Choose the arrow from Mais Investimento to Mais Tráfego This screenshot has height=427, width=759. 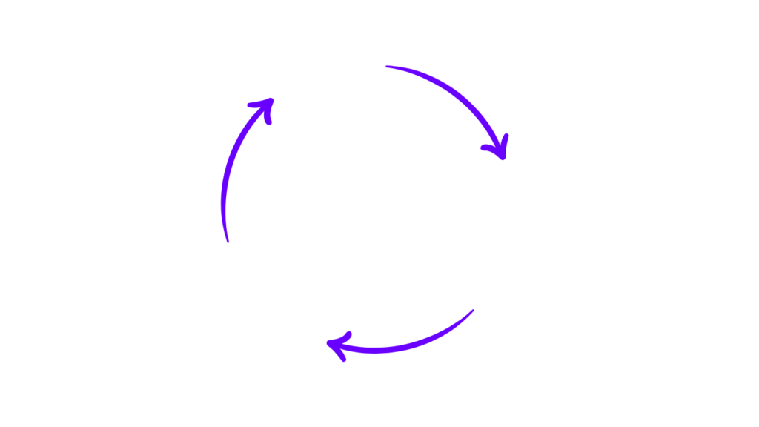(231, 171)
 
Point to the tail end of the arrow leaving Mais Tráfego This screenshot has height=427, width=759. (388, 67)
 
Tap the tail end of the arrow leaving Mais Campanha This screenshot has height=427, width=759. (472, 311)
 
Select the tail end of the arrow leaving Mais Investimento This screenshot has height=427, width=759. (228, 241)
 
